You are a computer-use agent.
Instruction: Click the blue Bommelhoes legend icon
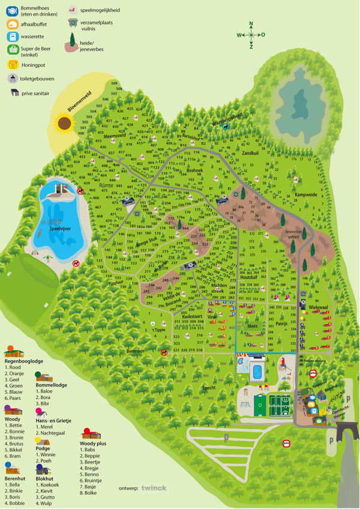(11, 10)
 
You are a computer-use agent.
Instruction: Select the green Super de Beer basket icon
(11, 50)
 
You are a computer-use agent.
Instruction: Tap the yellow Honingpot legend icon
(11, 64)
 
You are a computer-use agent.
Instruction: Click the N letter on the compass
(251, 24)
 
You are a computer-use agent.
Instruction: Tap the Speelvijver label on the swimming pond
(61, 228)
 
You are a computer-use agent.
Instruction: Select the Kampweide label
(305, 194)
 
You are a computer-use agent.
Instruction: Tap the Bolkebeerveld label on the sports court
(280, 406)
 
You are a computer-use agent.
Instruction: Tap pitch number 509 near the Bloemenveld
(114, 83)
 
